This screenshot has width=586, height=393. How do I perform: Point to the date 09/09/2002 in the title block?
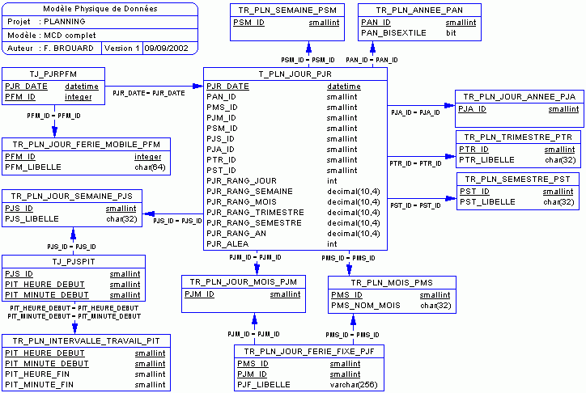(166, 49)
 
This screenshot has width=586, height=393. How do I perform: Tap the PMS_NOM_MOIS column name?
(366, 306)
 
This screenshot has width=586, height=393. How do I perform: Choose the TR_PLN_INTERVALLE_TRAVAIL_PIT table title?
(86, 341)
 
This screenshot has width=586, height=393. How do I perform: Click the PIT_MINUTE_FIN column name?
(39, 385)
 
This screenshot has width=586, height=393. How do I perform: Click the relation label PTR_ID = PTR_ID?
(415, 163)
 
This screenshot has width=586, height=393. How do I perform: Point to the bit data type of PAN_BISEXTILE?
(451, 33)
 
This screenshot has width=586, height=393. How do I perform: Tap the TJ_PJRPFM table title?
(52, 74)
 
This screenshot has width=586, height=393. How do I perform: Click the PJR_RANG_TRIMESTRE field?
(244, 212)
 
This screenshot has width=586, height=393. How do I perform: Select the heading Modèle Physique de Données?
(100, 9)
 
